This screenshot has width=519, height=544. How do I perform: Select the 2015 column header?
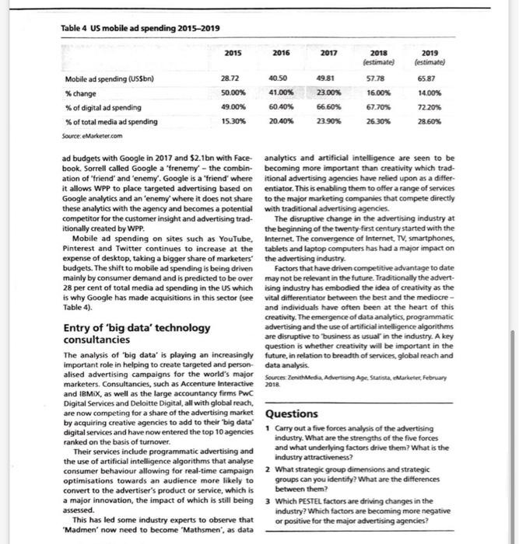point(233,53)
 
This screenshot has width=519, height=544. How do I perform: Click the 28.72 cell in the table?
point(230,80)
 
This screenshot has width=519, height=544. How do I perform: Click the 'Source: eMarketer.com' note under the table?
point(89,134)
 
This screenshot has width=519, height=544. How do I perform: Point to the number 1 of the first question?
point(268,429)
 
